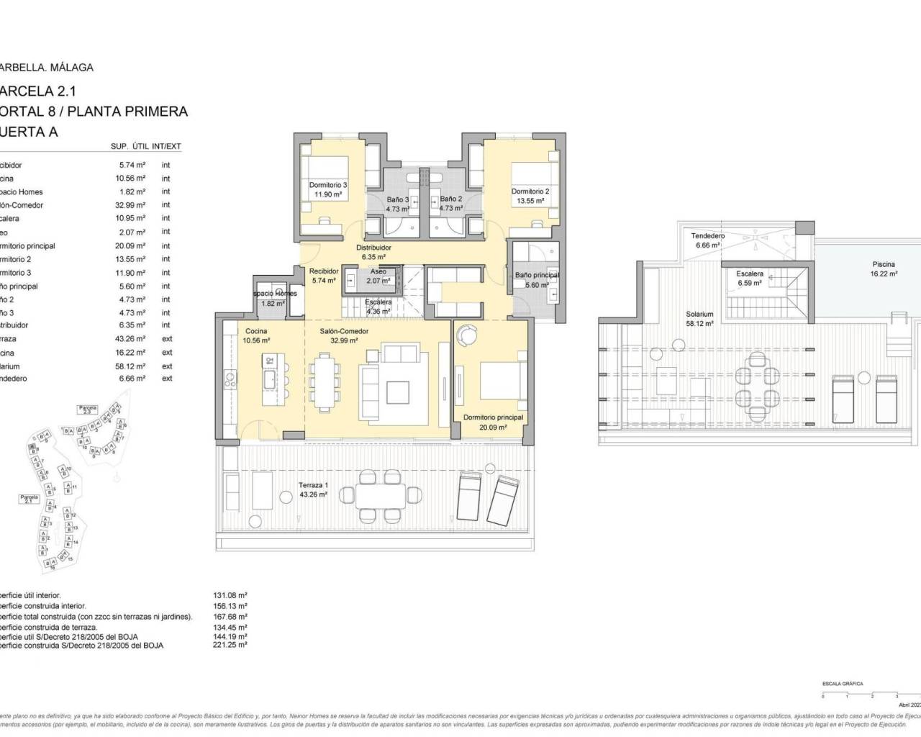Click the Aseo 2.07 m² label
[378, 276]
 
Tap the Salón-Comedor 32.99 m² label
[344, 336]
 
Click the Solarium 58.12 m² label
[699, 319]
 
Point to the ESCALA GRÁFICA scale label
[843, 684]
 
